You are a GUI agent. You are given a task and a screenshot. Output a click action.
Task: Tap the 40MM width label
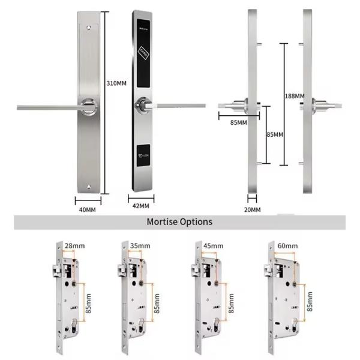(x=88, y=209)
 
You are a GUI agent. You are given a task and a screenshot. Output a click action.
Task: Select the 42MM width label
(x=140, y=206)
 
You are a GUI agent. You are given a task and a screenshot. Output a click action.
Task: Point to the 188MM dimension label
(x=294, y=96)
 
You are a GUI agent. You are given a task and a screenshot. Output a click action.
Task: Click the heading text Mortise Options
(x=179, y=222)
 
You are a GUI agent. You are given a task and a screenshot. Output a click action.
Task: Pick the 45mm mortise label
(x=213, y=245)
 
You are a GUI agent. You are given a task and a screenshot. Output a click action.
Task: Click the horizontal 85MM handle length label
(x=238, y=123)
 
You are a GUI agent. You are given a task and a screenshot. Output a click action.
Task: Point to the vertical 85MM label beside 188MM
(x=274, y=134)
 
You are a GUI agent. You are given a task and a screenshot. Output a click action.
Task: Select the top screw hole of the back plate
(x=90, y=27)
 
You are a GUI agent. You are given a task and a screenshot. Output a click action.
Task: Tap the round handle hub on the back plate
(x=89, y=106)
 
